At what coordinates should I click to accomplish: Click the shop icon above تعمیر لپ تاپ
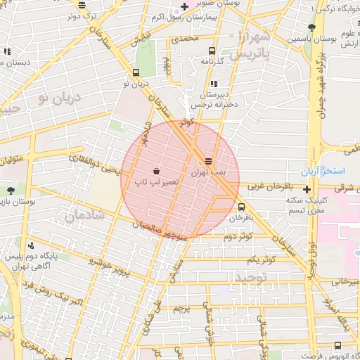pyautogui.click(x=155, y=171)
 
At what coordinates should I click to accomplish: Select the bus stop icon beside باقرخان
pyautogui.click(x=242, y=207)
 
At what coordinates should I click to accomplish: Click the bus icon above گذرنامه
pyautogui.click(x=212, y=51)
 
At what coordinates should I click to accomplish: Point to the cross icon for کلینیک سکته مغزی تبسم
pyautogui.click(x=307, y=188)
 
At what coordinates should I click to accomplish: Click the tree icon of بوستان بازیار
pyautogui.click(x=10, y=191)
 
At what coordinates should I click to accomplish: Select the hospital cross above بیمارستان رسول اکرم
pyautogui.click(x=184, y=6)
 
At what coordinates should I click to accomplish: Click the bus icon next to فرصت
pyautogui.click(x=338, y=345)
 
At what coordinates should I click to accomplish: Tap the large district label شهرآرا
pyautogui.click(x=252, y=37)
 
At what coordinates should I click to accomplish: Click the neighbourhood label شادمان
pyautogui.click(x=84, y=215)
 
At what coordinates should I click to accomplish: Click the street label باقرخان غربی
pyautogui.click(x=264, y=188)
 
